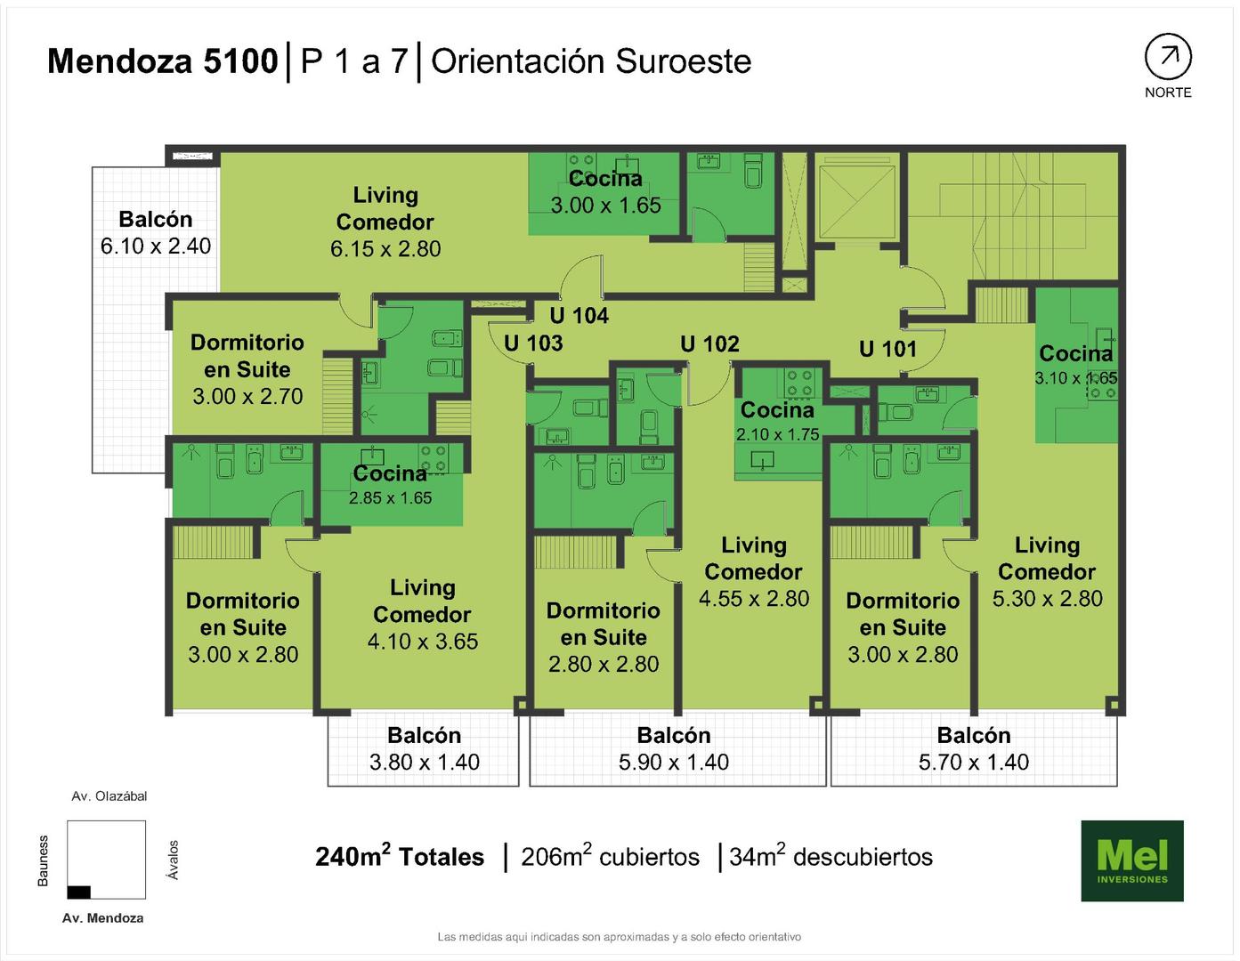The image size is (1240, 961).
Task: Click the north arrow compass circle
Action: point(1168,57)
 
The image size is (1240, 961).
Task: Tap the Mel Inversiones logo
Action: point(1132,860)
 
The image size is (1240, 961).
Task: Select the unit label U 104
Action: point(579,315)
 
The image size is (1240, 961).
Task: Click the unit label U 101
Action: point(887,349)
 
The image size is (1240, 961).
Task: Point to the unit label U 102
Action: point(709,343)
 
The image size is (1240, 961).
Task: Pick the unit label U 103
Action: point(533,343)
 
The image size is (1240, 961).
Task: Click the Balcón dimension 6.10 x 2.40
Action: point(155,246)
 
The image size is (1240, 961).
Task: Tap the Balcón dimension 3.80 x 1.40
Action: point(424,762)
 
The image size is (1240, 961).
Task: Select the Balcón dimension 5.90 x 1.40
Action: point(673,762)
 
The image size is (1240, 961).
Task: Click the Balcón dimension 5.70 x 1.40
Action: point(974,762)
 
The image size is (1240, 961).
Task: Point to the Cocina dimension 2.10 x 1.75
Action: point(777,434)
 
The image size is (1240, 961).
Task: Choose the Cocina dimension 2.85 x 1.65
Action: point(390,498)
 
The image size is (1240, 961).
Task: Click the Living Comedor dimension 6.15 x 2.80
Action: point(385,248)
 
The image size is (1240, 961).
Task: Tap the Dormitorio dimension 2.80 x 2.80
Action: point(604,664)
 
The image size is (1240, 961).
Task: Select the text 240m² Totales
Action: point(400,856)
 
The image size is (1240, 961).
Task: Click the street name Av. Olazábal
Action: point(109,796)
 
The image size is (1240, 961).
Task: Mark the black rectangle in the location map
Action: point(78,892)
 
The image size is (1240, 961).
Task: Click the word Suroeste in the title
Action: point(683,61)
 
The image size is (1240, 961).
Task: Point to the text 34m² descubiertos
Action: point(831,856)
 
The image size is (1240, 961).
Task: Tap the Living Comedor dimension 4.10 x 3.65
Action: point(422,641)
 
